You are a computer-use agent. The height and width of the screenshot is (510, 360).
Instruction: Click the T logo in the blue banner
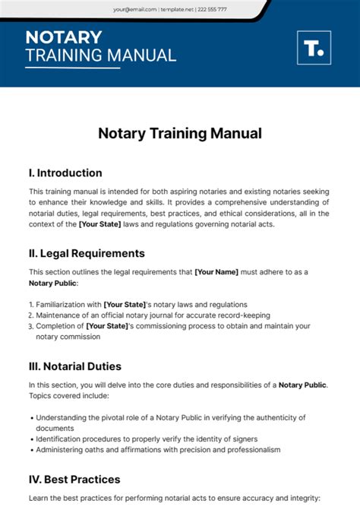coord(313,47)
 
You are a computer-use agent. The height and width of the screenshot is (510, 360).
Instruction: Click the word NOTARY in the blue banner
coord(63,37)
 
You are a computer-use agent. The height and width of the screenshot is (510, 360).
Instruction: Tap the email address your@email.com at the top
coord(135,9)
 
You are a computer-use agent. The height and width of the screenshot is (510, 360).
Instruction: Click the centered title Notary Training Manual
coord(180,133)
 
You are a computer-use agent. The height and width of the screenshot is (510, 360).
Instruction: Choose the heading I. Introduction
coord(65,173)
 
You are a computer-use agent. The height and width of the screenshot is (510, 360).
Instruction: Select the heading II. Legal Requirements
coord(87,253)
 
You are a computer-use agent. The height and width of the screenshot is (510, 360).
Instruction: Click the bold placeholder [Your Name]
coord(216,271)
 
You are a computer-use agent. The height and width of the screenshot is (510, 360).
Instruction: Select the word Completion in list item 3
coord(59,326)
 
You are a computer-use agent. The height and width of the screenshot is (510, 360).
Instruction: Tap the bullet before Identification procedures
coord(31,439)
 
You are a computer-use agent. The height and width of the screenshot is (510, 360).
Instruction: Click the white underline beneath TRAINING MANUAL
coord(72,68)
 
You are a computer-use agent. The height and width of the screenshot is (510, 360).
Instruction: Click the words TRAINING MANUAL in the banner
coord(100,55)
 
